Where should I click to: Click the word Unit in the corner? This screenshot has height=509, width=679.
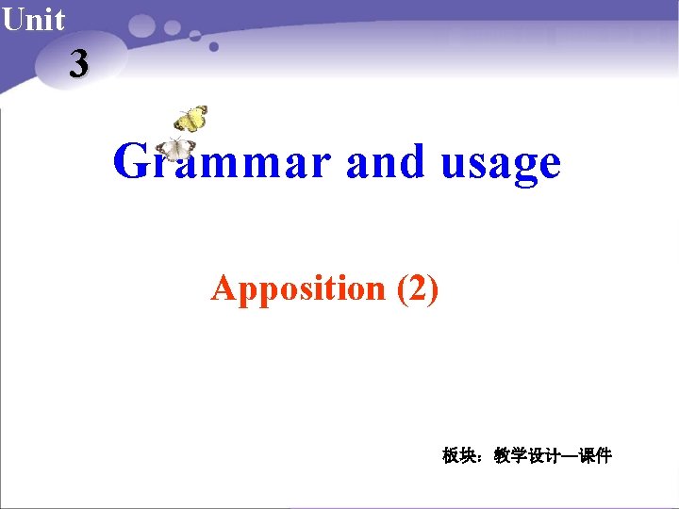click(33, 19)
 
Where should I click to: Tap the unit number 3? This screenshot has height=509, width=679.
click(79, 64)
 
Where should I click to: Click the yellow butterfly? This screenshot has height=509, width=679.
click(190, 119)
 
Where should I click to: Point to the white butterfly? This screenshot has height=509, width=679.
click(175, 149)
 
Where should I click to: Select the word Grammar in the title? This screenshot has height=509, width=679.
click(222, 162)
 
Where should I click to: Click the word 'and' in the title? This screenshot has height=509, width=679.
click(386, 162)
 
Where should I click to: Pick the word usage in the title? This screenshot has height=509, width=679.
click(500, 164)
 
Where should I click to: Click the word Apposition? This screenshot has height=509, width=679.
click(299, 287)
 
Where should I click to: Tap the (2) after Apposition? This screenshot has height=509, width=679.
click(418, 287)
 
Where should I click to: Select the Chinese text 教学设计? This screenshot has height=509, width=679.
click(521, 456)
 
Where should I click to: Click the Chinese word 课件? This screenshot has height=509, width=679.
click(595, 456)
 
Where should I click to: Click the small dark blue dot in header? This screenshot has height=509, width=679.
click(214, 46)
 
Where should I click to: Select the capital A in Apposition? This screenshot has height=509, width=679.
click(223, 287)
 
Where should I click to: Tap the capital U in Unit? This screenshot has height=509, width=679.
click(11, 19)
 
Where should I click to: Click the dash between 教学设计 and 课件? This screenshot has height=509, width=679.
click(569, 456)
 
